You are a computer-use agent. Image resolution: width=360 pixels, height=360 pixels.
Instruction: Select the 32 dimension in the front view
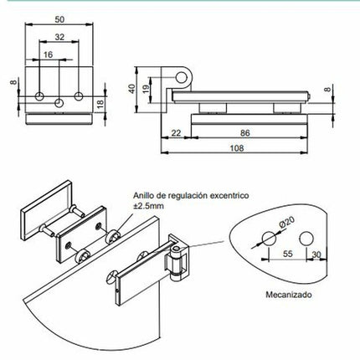[x=59, y=38]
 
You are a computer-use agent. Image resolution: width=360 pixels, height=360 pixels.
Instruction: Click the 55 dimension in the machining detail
[x=286, y=252]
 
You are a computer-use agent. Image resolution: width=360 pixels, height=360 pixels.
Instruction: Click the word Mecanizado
[x=289, y=295]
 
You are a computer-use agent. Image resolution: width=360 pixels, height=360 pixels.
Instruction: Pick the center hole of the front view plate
[x=59, y=100]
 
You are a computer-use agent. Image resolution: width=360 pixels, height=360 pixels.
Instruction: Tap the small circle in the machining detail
[x=307, y=235]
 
